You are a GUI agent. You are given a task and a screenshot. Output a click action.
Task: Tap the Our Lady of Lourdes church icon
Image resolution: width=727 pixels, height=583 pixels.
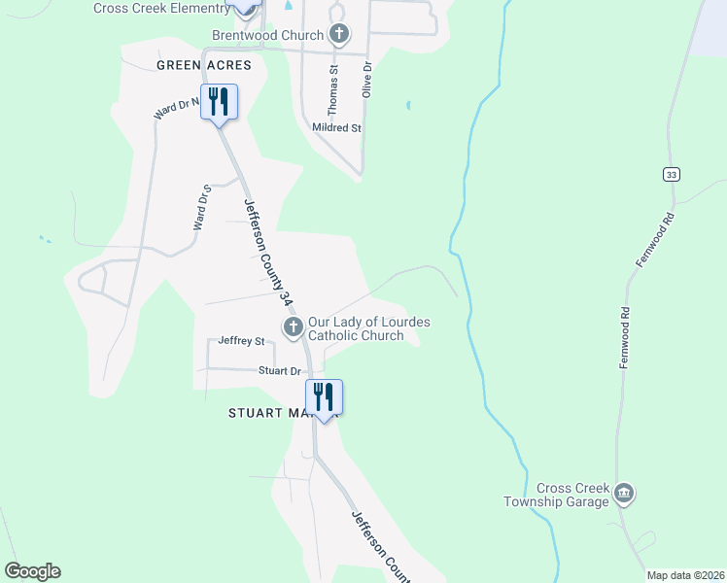click(294, 327)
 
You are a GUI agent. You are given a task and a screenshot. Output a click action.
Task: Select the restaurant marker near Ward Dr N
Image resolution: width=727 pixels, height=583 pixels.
click(219, 102)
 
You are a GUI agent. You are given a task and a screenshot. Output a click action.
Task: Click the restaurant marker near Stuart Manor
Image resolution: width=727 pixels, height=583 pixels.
click(325, 396)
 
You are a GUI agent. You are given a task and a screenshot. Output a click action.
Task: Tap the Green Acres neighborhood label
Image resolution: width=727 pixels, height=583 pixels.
click(204, 65)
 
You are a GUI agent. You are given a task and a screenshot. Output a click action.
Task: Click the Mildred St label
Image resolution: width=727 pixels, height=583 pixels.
click(336, 127)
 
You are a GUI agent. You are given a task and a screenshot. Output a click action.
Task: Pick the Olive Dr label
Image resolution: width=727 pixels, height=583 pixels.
click(367, 80)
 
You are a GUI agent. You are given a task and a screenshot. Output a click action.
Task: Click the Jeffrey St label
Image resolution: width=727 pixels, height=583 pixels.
click(242, 341)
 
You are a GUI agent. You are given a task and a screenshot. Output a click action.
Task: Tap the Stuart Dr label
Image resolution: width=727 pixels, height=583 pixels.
click(280, 371)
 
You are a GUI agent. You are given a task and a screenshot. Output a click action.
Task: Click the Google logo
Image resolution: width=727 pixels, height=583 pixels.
click(32, 570)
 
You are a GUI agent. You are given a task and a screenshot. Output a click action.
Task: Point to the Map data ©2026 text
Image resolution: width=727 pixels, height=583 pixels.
click(685, 575)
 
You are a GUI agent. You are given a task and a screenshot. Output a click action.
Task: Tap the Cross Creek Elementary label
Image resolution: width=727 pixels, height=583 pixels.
click(161, 9)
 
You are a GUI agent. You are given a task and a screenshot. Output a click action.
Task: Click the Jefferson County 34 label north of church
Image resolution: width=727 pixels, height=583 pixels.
click(267, 255)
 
